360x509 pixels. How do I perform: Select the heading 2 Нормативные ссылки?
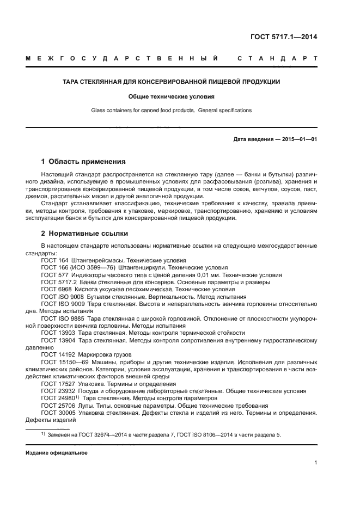click(x=84, y=234)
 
